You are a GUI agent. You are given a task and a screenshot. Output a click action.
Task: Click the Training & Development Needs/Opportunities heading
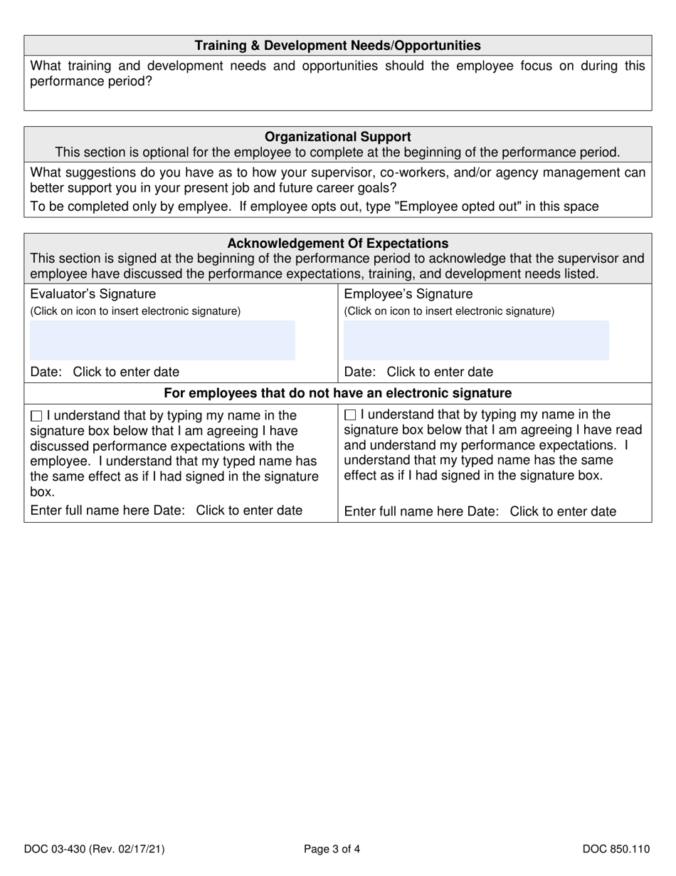coord(338,46)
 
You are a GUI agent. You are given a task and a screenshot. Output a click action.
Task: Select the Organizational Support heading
coord(338,136)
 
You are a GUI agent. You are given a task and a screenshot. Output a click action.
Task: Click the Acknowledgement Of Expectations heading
coord(338,243)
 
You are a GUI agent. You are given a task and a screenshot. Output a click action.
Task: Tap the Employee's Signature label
coord(408,294)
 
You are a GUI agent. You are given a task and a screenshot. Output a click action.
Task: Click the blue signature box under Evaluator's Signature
coord(162,340)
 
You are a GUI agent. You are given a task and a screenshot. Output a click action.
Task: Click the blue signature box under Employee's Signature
coord(476,340)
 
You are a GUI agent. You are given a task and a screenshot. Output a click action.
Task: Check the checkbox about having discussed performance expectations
coord(37,415)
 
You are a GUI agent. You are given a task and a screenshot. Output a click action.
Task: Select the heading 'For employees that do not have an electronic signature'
coord(338,393)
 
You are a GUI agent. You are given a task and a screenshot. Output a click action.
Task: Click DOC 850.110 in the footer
coord(616,848)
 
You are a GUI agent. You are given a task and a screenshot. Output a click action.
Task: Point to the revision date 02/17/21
coord(141,848)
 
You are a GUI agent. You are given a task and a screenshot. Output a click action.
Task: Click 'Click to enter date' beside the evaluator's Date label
coord(127,372)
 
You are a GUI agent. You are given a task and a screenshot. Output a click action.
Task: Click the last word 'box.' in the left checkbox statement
coord(42,492)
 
